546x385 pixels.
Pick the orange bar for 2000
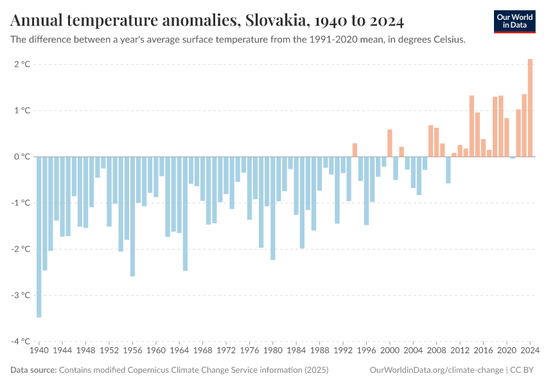[x=389, y=143]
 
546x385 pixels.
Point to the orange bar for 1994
[x=355, y=150]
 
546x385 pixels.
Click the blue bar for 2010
[x=448, y=170]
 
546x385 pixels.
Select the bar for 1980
[x=273, y=208]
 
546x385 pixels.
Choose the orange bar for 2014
[x=471, y=126]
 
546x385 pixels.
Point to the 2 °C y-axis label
[x=22, y=64]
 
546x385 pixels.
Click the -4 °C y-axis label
[x=22, y=341]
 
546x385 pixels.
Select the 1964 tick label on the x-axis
[x=179, y=351]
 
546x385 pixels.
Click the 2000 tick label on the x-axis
[x=389, y=351]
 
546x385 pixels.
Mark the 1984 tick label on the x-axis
[x=296, y=351]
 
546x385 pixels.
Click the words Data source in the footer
[x=33, y=370]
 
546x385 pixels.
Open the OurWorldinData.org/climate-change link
[x=436, y=370]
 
